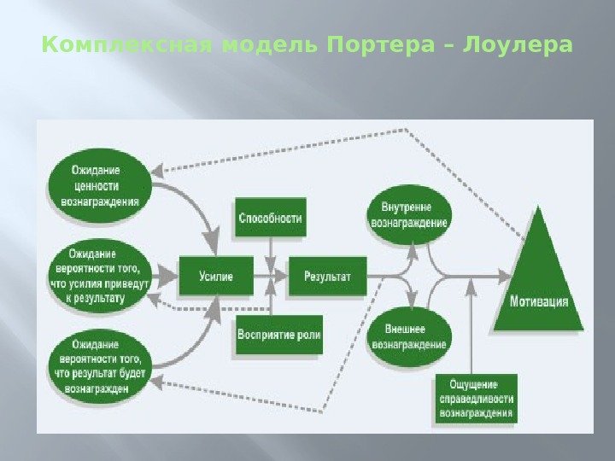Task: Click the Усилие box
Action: [x=216, y=276]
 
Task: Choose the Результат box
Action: [x=327, y=276]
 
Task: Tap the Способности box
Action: [x=270, y=219]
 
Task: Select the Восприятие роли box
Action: [x=278, y=335]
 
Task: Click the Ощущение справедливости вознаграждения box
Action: [x=476, y=399]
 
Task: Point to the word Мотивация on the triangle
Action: [x=539, y=302]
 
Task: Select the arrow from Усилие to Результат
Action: [x=271, y=276]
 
